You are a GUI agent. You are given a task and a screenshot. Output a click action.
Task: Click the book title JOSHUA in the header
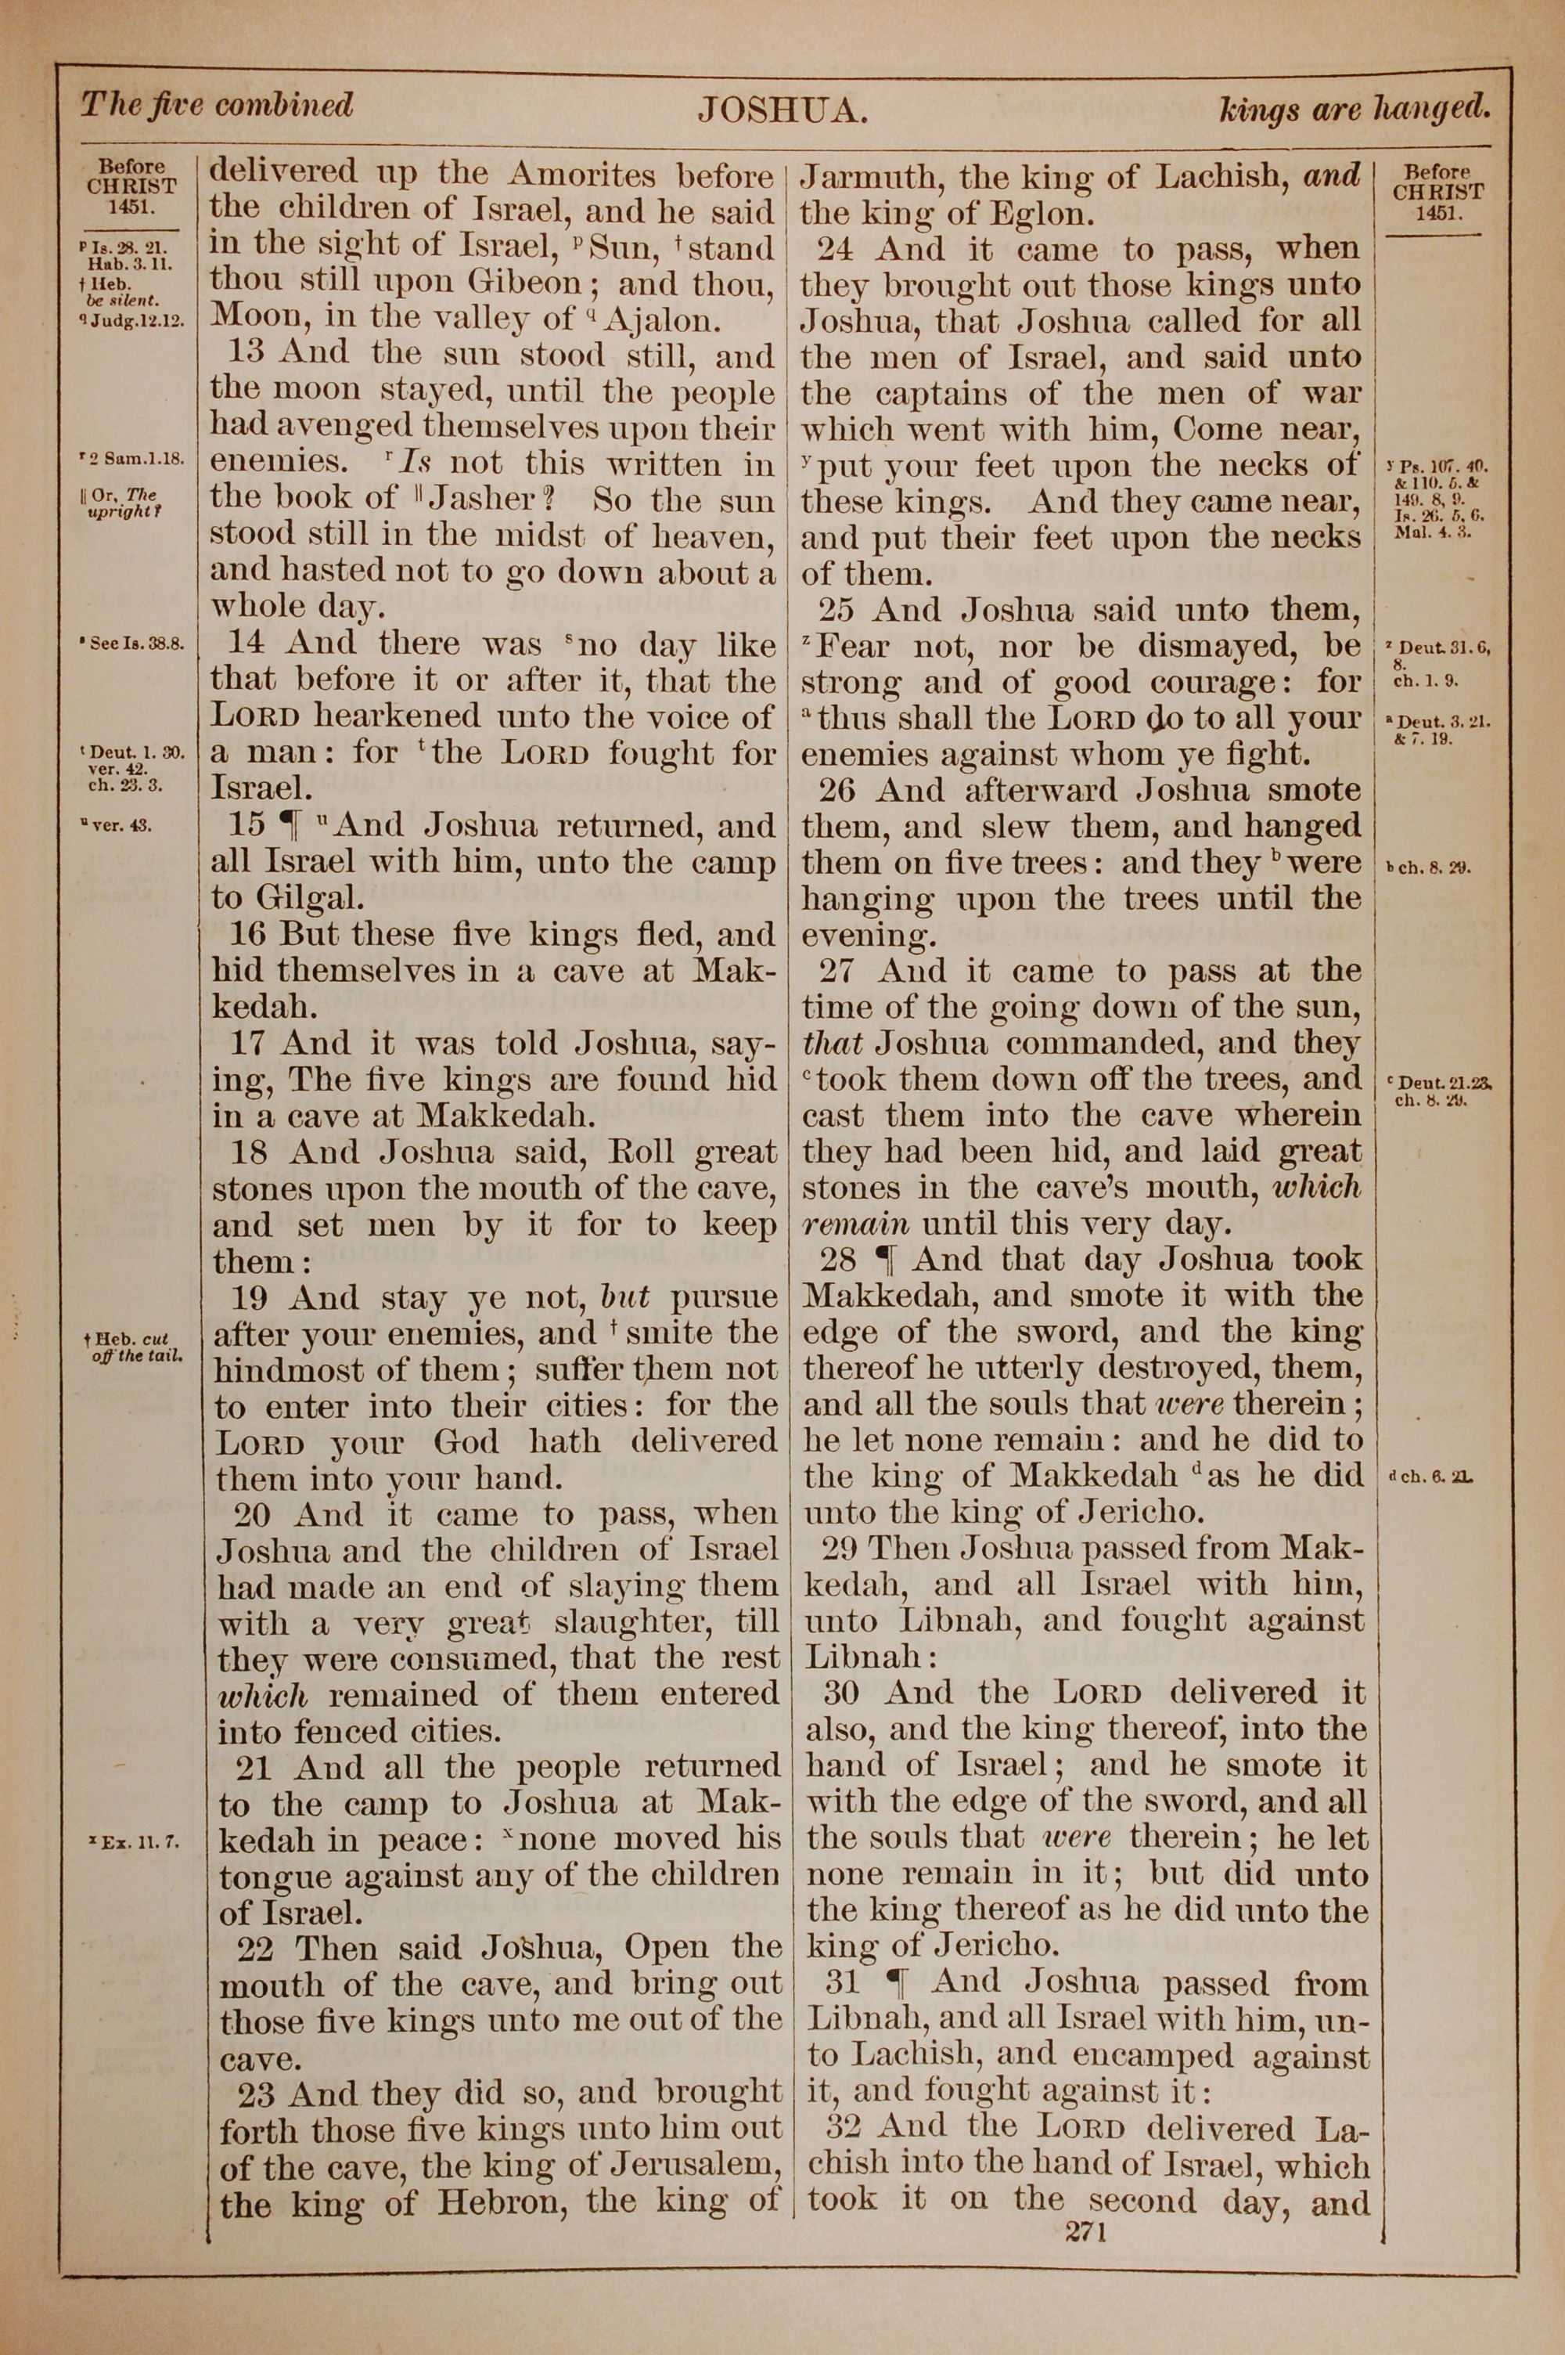tap(780, 110)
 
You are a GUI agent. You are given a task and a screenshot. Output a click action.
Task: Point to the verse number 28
tap(837, 1259)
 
